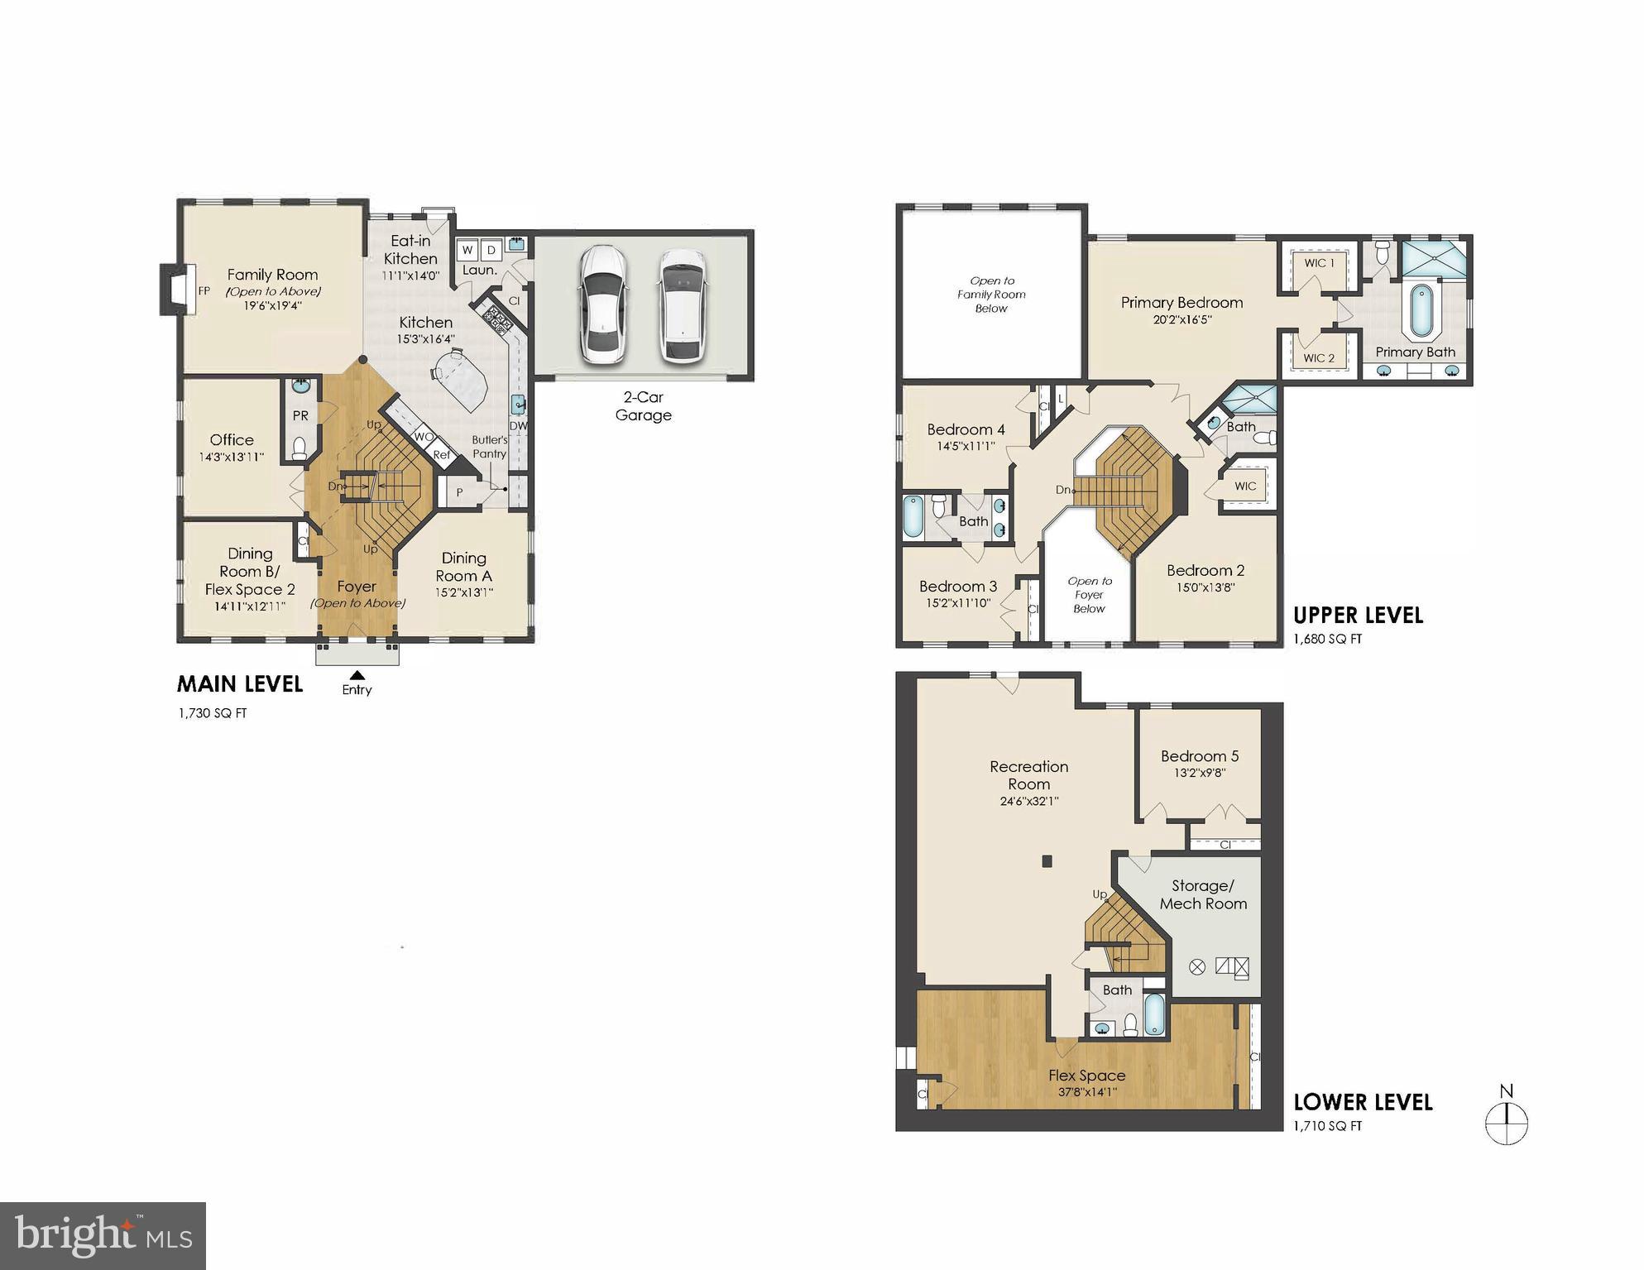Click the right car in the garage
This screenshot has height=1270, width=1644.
[683, 305]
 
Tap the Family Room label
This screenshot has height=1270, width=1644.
[272, 275]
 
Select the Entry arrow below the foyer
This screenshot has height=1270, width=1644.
[357, 676]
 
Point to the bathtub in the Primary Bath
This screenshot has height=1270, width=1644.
[1421, 311]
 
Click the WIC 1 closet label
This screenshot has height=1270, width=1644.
[1319, 263]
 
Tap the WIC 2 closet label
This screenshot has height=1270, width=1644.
[1319, 358]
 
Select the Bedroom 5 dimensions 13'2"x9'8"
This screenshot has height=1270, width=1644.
[1199, 773]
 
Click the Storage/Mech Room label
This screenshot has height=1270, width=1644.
[1203, 894]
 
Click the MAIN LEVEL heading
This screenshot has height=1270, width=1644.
[240, 684]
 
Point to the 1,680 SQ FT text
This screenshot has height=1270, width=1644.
[1327, 639]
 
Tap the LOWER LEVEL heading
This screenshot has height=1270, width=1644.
[1363, 1102]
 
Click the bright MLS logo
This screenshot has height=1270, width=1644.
[103, 1236]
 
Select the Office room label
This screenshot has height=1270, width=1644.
[232, 440]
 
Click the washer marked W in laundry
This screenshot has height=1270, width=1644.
[467, 250]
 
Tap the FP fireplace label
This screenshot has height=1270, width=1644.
[204, 291]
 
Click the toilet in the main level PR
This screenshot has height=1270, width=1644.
[300, 448]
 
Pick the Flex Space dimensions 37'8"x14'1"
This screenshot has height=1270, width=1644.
[1087, 1092]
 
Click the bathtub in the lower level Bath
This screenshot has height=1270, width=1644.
[1154, 1014]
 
